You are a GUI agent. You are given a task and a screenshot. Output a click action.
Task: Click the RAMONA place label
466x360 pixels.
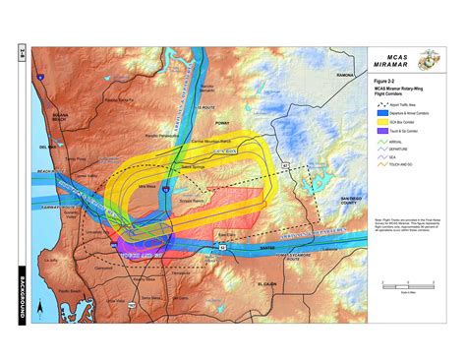(x=344, y=75)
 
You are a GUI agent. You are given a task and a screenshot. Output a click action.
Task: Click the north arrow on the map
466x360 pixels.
(x=39, y=307)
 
